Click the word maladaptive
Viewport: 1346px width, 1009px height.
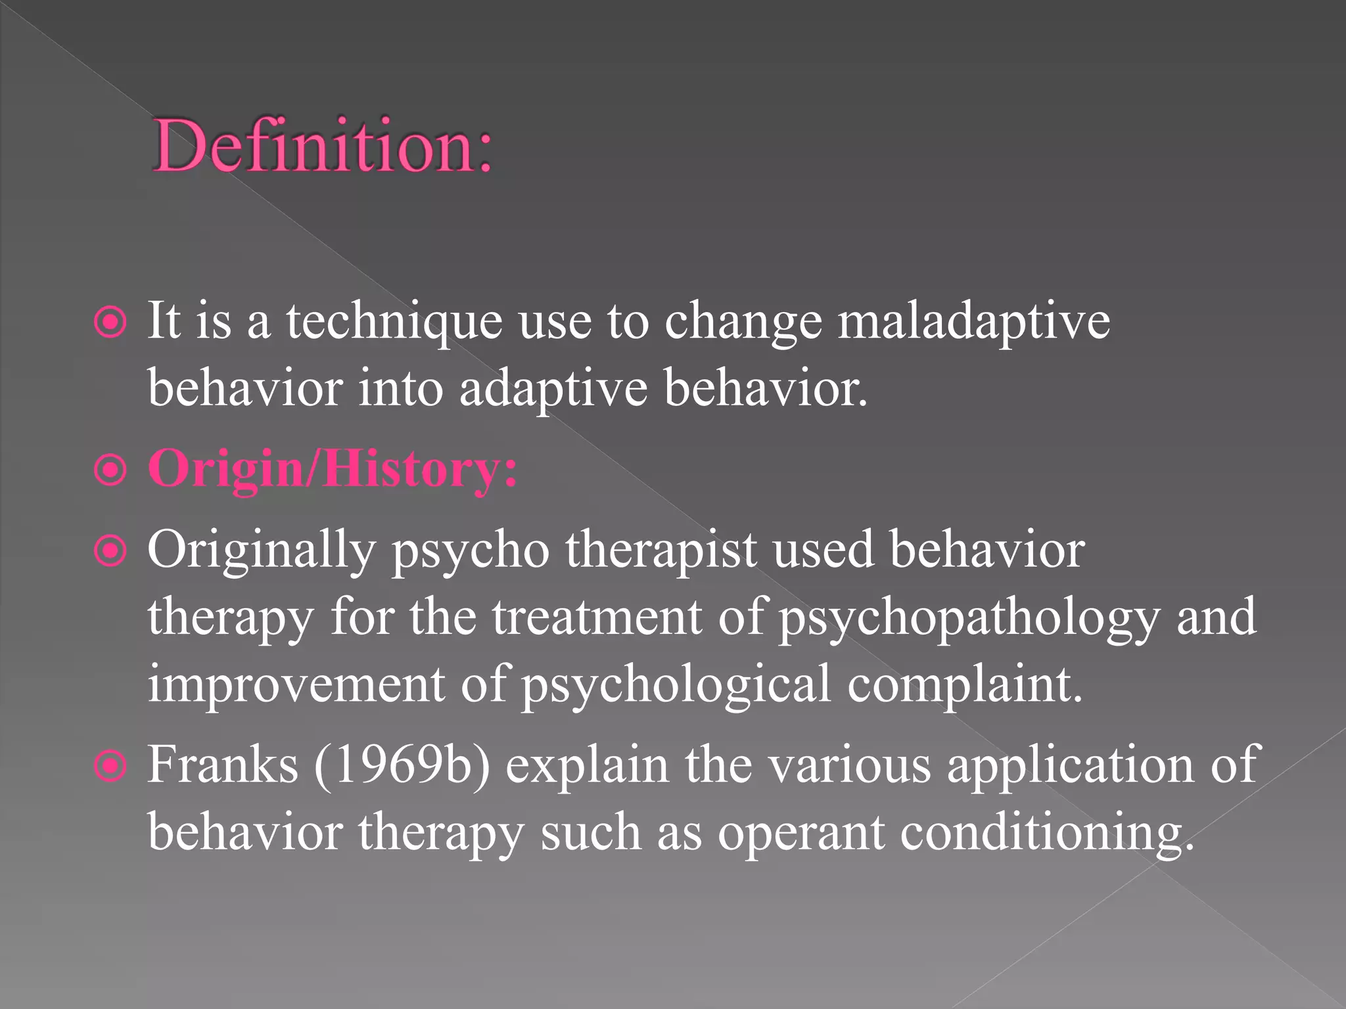973,322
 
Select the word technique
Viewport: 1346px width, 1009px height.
394,322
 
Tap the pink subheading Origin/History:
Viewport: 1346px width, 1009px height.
333,469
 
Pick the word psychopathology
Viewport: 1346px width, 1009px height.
969,619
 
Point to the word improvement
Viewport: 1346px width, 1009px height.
296,684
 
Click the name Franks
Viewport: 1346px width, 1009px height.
223,765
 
